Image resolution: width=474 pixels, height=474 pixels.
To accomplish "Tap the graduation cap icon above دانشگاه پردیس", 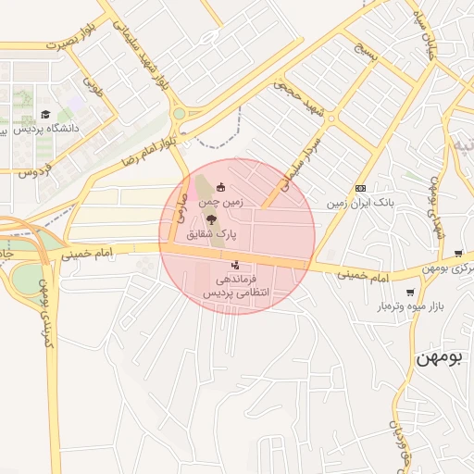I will click(45, 115).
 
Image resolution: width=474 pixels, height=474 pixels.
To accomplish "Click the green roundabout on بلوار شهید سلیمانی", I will click(179, 114).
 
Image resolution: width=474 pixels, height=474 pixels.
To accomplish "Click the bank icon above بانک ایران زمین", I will click(360, 188).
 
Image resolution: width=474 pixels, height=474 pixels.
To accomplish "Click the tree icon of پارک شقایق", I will click(212, 219).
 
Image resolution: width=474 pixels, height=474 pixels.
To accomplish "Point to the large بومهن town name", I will click(440, 355).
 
